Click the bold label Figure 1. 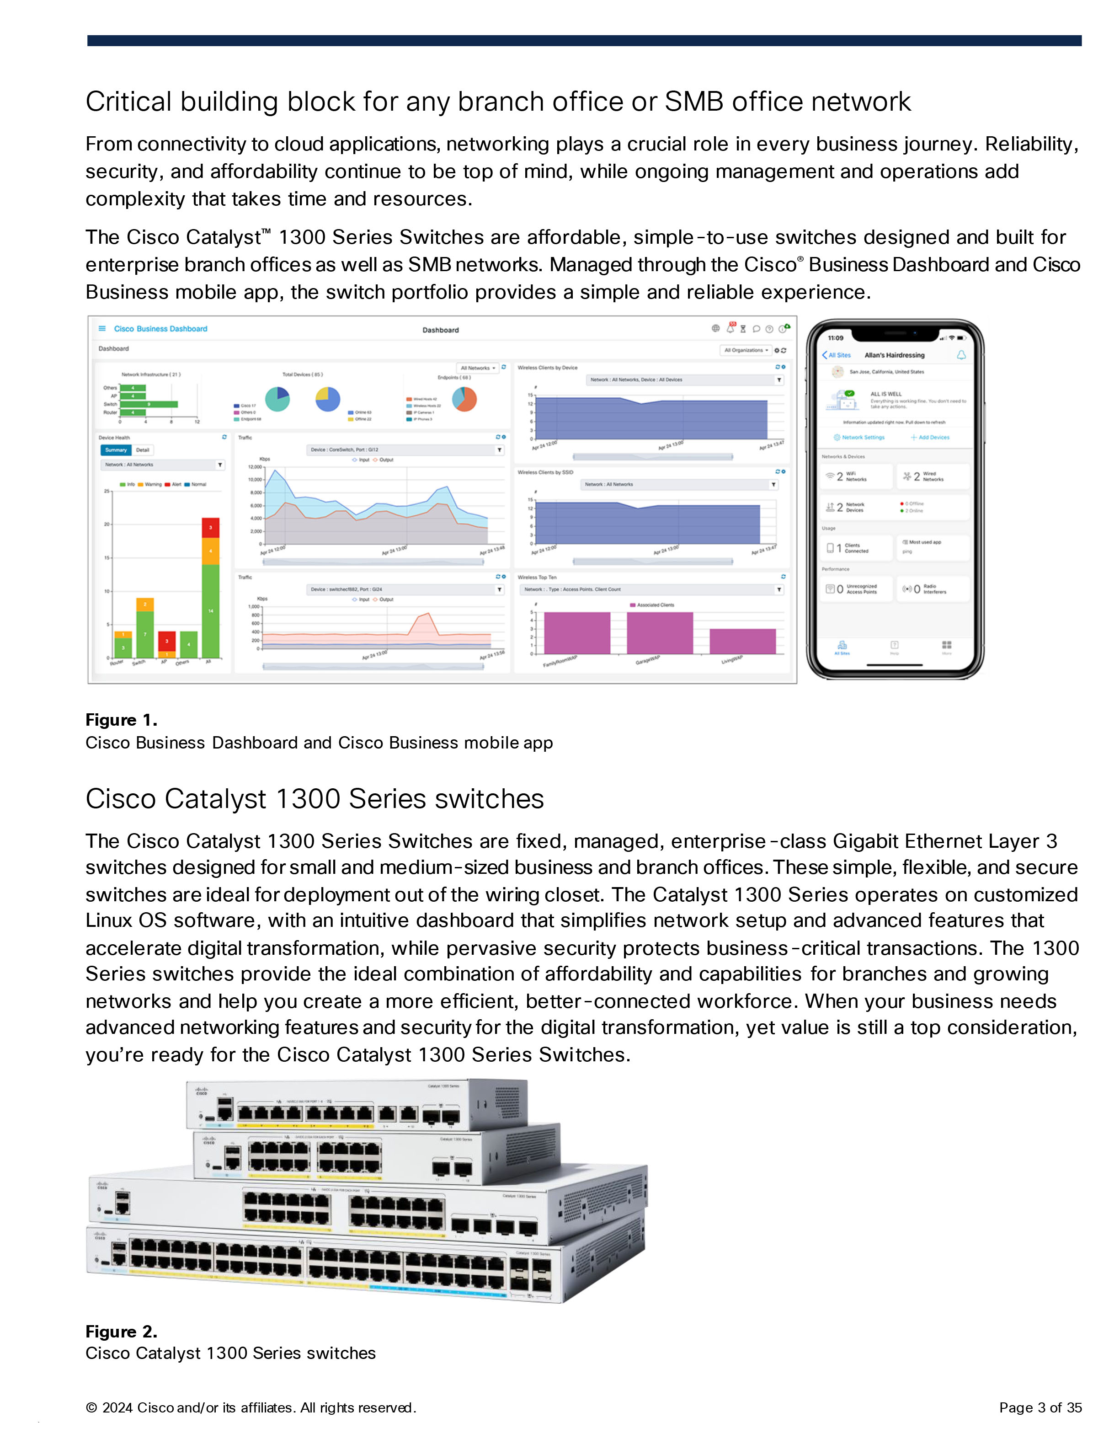pyautogui.click(x=121, y=720)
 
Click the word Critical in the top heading pyautogui.click(x=128, y=102)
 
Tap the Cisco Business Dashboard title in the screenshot pyautogui.click(x=160, y=329)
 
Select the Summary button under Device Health pyautogui.click(x=116, y=450)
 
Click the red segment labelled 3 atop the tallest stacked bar pyautogui.click(x=211, y=528)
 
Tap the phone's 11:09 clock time pyautogui.click(x=835, y=338)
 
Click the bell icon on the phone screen pyautogui.click(x=961, y=355)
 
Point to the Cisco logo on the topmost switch pyautogui.click(x=201, y=1091)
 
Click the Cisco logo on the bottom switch pyautogui.click(x=100, y=1235)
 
